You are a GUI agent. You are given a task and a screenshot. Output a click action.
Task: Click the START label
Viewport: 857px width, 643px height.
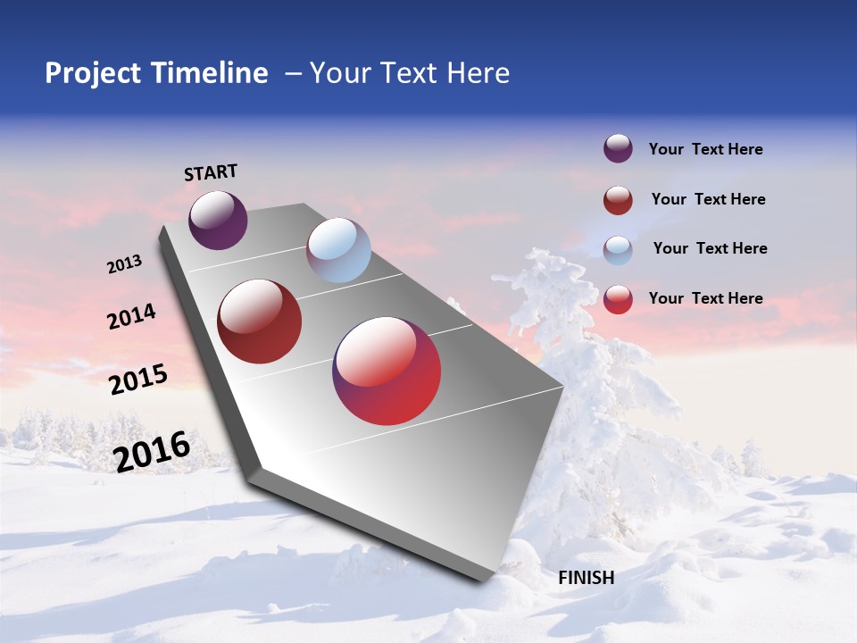[211, 171]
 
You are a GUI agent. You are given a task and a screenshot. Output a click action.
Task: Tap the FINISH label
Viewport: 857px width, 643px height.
[586, 578]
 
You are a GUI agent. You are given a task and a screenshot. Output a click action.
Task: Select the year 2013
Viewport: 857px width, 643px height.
[124, 264]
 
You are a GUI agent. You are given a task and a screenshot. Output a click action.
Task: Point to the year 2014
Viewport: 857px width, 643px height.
[131, 316]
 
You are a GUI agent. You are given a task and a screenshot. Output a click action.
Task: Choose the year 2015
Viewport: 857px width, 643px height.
[138, 379]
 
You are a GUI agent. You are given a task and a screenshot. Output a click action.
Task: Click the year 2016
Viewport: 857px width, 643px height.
[152, 451]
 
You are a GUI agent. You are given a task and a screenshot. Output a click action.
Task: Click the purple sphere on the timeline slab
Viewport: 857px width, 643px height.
[218, 220]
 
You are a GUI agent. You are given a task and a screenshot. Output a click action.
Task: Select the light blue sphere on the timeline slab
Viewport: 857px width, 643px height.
[338, 250]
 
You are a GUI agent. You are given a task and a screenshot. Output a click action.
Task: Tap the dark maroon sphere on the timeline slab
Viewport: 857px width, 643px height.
[260, 321]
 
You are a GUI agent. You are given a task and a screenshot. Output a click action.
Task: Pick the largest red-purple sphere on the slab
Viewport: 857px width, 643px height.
[387, 371]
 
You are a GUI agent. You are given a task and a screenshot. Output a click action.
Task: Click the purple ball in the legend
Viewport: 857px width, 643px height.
[618, 149]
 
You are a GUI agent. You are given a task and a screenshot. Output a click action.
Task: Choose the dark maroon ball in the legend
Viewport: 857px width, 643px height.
[618, 200]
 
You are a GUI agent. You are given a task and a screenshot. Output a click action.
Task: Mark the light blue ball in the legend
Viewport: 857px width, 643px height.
[618, 249]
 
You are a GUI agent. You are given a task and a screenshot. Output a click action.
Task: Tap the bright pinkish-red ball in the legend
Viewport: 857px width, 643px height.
[618, 299]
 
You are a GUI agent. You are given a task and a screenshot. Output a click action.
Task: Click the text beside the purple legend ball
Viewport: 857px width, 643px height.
[705, 149]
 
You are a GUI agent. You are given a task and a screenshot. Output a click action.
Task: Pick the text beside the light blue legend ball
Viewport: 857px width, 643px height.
[710, 248]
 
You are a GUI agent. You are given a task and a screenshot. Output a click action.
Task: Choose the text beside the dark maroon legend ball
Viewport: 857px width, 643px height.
[708, 199]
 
